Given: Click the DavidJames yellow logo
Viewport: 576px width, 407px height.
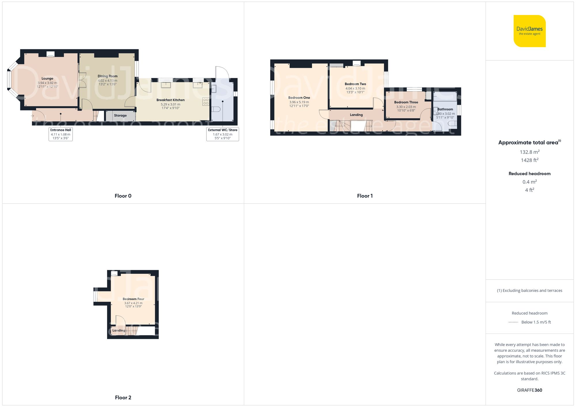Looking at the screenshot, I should pyautogui.click(x=529, y=31).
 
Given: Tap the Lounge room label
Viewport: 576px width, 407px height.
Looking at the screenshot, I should pyautogui.click(x=48, y=79).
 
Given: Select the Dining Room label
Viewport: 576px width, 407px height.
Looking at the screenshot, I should pyautogui.click(x=107, y=76).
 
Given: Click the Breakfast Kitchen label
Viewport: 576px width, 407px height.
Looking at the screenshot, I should pyautogui.click(x=170, y=100).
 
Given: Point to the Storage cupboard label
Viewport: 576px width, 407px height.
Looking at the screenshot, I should pyautogui.click(x=120, y=116).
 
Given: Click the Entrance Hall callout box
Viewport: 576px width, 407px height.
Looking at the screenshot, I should pyautogui.click(x=60, y=134).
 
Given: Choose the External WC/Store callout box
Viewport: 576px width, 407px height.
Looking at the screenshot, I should pyautogui.click(x=223, y=134).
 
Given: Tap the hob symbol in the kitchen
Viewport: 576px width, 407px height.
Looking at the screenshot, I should pyautogui.click(x=206, y=102).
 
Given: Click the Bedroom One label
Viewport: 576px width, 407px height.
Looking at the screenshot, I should pyautogui.click(x=299, y=98).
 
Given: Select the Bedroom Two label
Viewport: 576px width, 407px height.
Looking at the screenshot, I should pyautogui.click(x=355, y=84).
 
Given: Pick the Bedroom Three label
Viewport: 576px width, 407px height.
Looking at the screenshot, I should pyautogui.click(x=406, y=102).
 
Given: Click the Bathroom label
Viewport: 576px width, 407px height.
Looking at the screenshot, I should pyautogui.click(x=445, y=109).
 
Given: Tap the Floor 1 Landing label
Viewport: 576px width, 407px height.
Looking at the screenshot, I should pyautogui.click(x=356, y=115).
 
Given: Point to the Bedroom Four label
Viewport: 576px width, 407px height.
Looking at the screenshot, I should pyautogui.click(x=133, y=299).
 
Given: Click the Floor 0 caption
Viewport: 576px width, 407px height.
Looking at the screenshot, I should pyautogui.click(x=123, y=196).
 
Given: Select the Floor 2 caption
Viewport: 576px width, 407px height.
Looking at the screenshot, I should pyautogui.click(x=123, y=398).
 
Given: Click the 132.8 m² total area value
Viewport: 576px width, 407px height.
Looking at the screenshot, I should pyautogui.click(x=529, y=152).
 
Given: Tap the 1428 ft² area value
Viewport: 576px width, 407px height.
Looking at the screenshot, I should pyautogui.click(x=529, y=160).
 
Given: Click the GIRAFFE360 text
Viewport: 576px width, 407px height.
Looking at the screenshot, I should pyautogui.click(x=529, y=390).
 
